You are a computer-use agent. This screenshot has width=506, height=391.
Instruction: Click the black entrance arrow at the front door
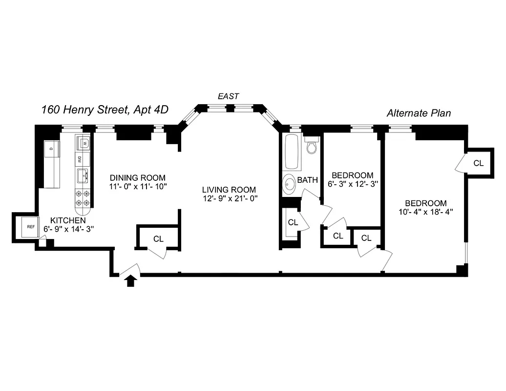pos(130,281)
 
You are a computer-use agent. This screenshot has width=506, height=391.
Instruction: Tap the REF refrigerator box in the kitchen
pos(31,227)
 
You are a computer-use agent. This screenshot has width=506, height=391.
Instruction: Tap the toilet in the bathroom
pos(311,145)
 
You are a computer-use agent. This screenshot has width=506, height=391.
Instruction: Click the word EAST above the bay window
pos(229,96)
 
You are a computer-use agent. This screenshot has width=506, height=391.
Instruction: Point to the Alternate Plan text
pos(419,113)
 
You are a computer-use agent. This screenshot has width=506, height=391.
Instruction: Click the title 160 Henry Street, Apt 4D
pos(105,109)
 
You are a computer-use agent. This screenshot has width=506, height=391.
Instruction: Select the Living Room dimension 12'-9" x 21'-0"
pos(229,198)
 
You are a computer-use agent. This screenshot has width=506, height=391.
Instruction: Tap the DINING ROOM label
pos(137,177)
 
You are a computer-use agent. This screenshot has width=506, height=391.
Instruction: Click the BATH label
pos(308,180)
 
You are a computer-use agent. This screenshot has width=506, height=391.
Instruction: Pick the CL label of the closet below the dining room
pos(158,239)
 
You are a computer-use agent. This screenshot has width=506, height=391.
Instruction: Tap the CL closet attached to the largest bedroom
pos(478,163)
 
